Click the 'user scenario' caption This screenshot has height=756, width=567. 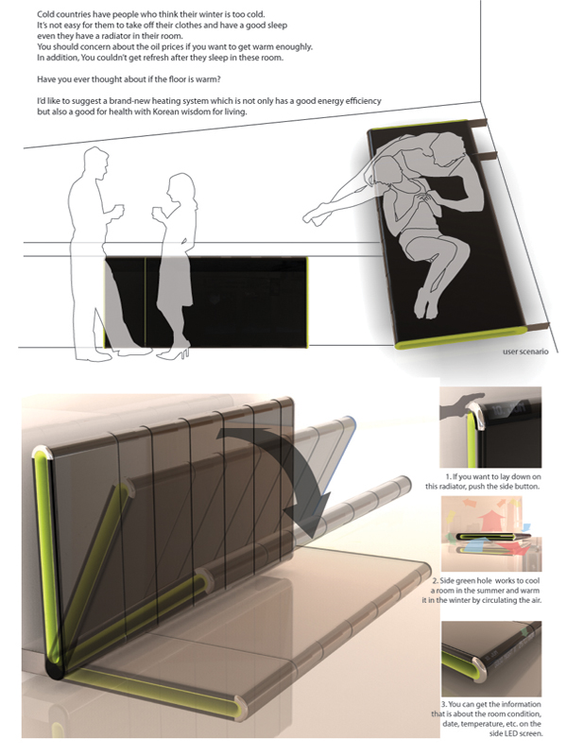(525, 352)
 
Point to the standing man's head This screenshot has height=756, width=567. (95, 160)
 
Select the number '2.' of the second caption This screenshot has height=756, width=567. (435, 581)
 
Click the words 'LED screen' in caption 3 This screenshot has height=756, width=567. (523, 733)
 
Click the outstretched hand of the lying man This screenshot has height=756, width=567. (315, 215)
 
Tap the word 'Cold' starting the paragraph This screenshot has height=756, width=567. (45, 14)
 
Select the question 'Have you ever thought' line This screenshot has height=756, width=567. (129, 79)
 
